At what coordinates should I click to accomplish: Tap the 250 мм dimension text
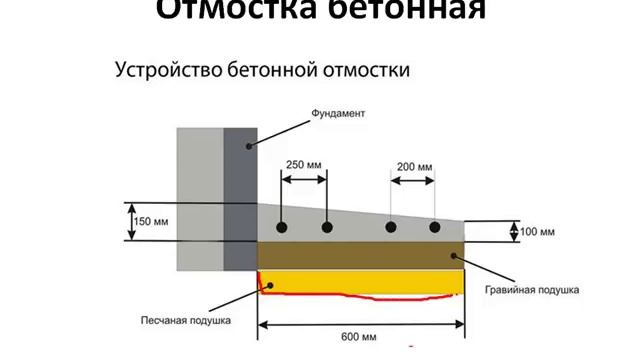coord(303,165)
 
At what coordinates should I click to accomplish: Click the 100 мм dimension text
coord(538,232)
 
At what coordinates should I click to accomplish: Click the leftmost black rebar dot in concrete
coord(282,228)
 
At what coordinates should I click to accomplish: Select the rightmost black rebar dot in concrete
coord(435,228)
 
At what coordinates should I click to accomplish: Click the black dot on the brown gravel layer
coord(454,255)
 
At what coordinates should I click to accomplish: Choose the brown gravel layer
coord(360,255)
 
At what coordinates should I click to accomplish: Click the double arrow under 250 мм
coord(303,180)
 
